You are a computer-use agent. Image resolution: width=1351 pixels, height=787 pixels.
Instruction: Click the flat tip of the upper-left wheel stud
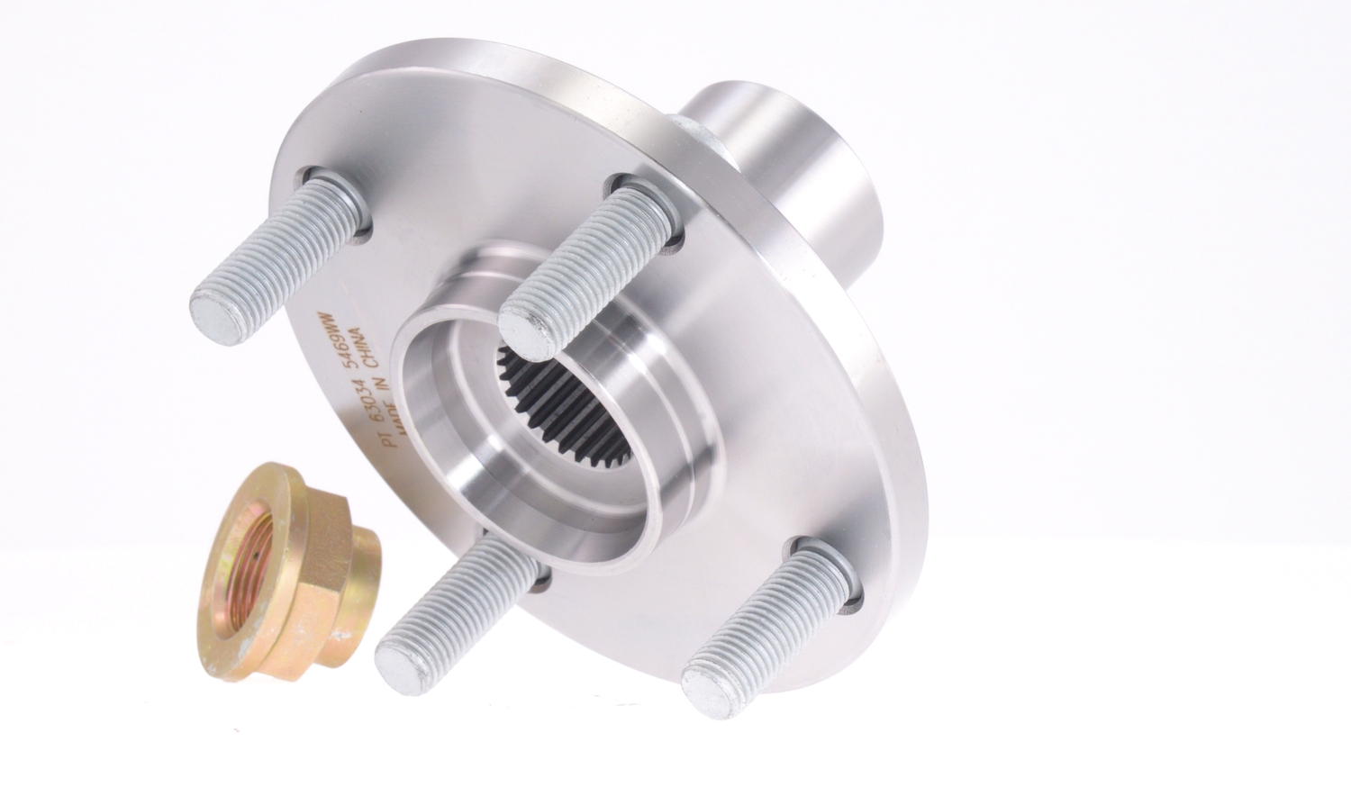pyautogui.click(x=219, y=317)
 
